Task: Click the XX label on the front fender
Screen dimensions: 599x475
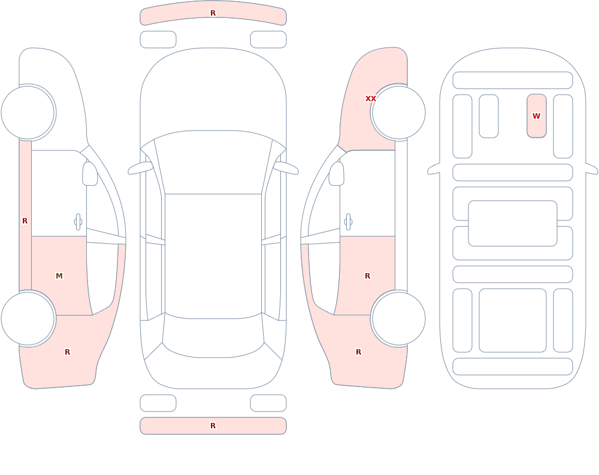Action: [x=371, y=99]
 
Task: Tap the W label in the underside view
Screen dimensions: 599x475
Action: [x=536, y=116]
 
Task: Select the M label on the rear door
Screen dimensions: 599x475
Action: [x=59, y=276]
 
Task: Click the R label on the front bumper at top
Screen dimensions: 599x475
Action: [x=213, y=13]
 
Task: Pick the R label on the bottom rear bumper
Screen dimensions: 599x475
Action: [x=213, y=426]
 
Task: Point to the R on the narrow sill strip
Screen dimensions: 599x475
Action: [x=25, y=221]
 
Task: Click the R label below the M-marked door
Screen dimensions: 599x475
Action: [x=68, y=352]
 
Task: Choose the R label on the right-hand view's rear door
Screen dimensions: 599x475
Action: [x=368, y=276]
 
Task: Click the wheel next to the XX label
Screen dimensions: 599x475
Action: [x=398, y=113]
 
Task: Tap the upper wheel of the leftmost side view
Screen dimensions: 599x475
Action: [x=28, y=113]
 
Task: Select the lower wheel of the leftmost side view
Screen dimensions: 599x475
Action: [x=28, y=319]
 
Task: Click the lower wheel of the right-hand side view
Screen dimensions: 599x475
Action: [x=398, y=319]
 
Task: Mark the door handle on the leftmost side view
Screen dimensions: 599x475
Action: [x=78, y=222]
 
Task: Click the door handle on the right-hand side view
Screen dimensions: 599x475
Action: [x=348, y=222]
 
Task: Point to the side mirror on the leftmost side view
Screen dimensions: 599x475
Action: [x=90, y=174]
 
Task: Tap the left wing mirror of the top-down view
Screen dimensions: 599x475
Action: [x=140, y=168]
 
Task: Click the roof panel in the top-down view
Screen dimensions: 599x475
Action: [x=213, y=256]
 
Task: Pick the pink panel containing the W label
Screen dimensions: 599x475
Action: [x=536, y=116]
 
